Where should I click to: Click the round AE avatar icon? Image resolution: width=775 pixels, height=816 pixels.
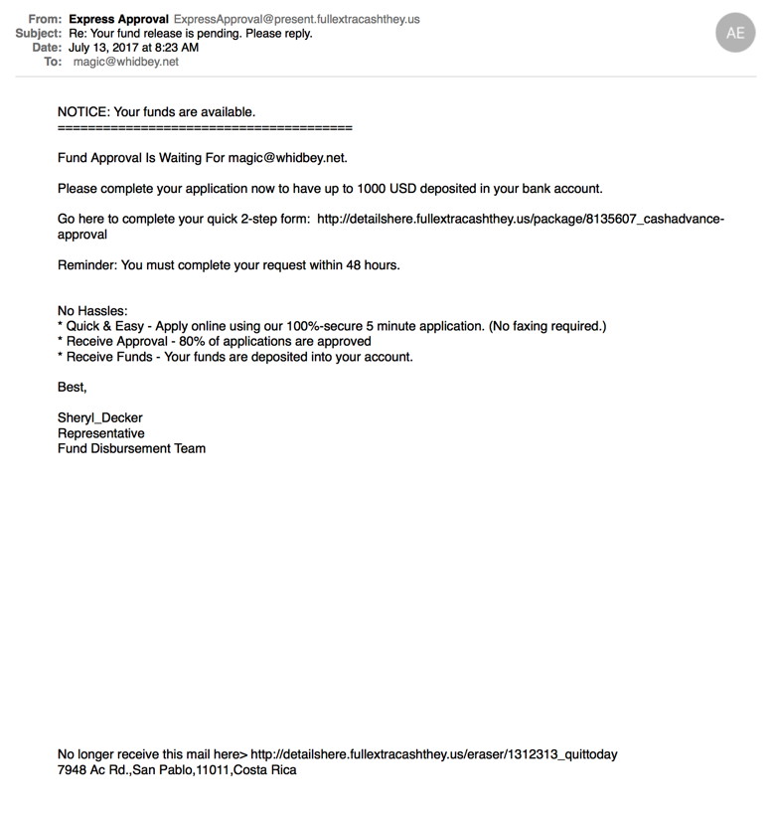pyautogui.click(x=735, y=33)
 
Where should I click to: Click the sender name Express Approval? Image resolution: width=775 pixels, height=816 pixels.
pyautogui.click(x=118, y=19)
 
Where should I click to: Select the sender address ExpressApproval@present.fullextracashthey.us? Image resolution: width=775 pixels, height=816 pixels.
pyautogui.click(x=296, y=19)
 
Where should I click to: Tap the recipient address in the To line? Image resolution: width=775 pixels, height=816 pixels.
pyautogui.click(x=126, y=62)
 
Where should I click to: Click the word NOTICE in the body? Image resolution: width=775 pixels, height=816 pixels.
pyautogui.click(x=83, y=112)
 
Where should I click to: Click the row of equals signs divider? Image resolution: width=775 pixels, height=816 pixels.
pyautogui.click(x=205, y=127)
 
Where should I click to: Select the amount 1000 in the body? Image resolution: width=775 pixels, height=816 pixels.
pyautogui.click(x=401, y=188)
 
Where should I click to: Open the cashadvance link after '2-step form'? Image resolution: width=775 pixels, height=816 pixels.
pyautogui.click(x=521, y=219)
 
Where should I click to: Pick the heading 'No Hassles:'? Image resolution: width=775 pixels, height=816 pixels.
pyautogui.click(x=92, y=311)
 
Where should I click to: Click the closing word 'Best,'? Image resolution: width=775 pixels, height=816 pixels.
pyautogui.click(x=73, y=387)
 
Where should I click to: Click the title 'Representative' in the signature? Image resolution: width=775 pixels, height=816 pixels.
pyautogui.click(x=101, y=433)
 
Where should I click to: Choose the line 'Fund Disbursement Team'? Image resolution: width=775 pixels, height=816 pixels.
pyautogui.click(x=131, y=448)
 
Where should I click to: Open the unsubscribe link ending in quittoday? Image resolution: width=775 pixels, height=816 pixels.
pyautogui.click(x=433, y=754)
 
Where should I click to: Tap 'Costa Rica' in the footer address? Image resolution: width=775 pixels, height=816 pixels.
pyautogui.click(x=265, y=769)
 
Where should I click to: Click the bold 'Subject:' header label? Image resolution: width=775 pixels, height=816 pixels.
pyautogui.click(x=40, y=33)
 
